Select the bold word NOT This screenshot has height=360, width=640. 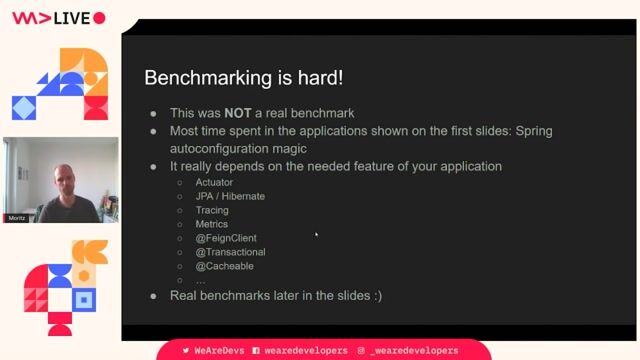tap(238, 114)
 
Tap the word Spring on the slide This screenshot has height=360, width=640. tap(531, 131)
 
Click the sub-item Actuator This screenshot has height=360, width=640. tap(214, 182)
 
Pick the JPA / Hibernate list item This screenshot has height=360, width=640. tap(230, 196)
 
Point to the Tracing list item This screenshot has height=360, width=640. tap(212, 210)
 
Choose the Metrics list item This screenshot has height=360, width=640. tap(212, 224)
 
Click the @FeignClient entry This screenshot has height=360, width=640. tap(227, 238)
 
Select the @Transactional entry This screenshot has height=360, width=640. tap(230, 252)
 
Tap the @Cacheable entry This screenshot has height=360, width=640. tap(225, 266)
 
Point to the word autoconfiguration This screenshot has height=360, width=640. tap(222, 148)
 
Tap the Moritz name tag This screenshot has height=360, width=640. tap(16, 217)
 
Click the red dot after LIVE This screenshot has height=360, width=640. tap(99, 18)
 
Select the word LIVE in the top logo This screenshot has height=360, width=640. tap(72, 18)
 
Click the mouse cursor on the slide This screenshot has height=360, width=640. tap(316, 234)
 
